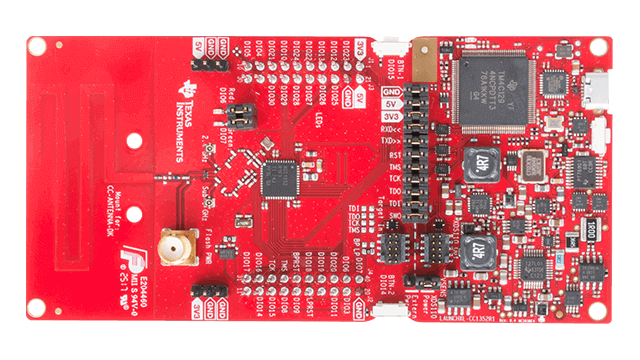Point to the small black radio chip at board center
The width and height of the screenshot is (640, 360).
[275, 178]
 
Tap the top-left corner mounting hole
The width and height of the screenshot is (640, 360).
[35, 47]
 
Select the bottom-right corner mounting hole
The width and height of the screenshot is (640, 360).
[604, 313]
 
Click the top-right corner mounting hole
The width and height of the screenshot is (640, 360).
[604, 47]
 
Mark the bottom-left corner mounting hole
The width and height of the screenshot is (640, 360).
[35, 313]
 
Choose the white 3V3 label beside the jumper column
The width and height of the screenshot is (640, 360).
[391, 116]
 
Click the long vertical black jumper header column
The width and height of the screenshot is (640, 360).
[411, 150]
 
